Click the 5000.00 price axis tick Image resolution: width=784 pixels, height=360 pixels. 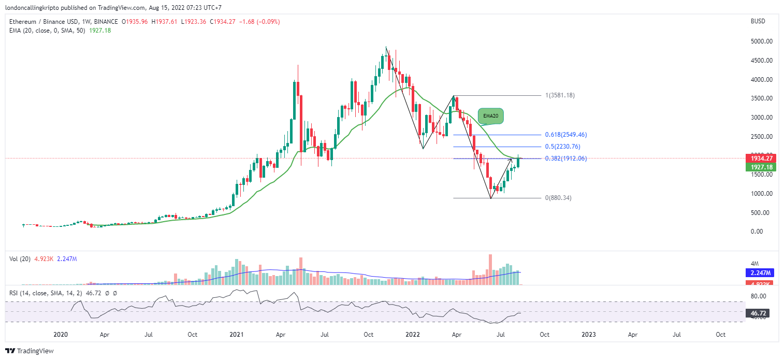click(762, 41)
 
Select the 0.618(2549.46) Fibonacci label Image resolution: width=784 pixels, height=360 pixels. click(566, 135)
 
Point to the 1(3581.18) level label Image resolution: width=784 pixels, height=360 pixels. click(560, 95)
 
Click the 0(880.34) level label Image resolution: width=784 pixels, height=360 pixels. click(558, 198)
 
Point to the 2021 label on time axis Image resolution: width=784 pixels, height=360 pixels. click(237, 335)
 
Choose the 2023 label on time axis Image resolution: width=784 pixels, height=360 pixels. click(588, 335)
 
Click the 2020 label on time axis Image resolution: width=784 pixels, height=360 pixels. click(61, 335)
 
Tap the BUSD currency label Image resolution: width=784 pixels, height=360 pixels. click(757, 21)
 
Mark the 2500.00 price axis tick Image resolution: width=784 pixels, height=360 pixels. click(762, 137)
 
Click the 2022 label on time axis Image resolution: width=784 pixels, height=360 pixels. click(412, 335)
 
